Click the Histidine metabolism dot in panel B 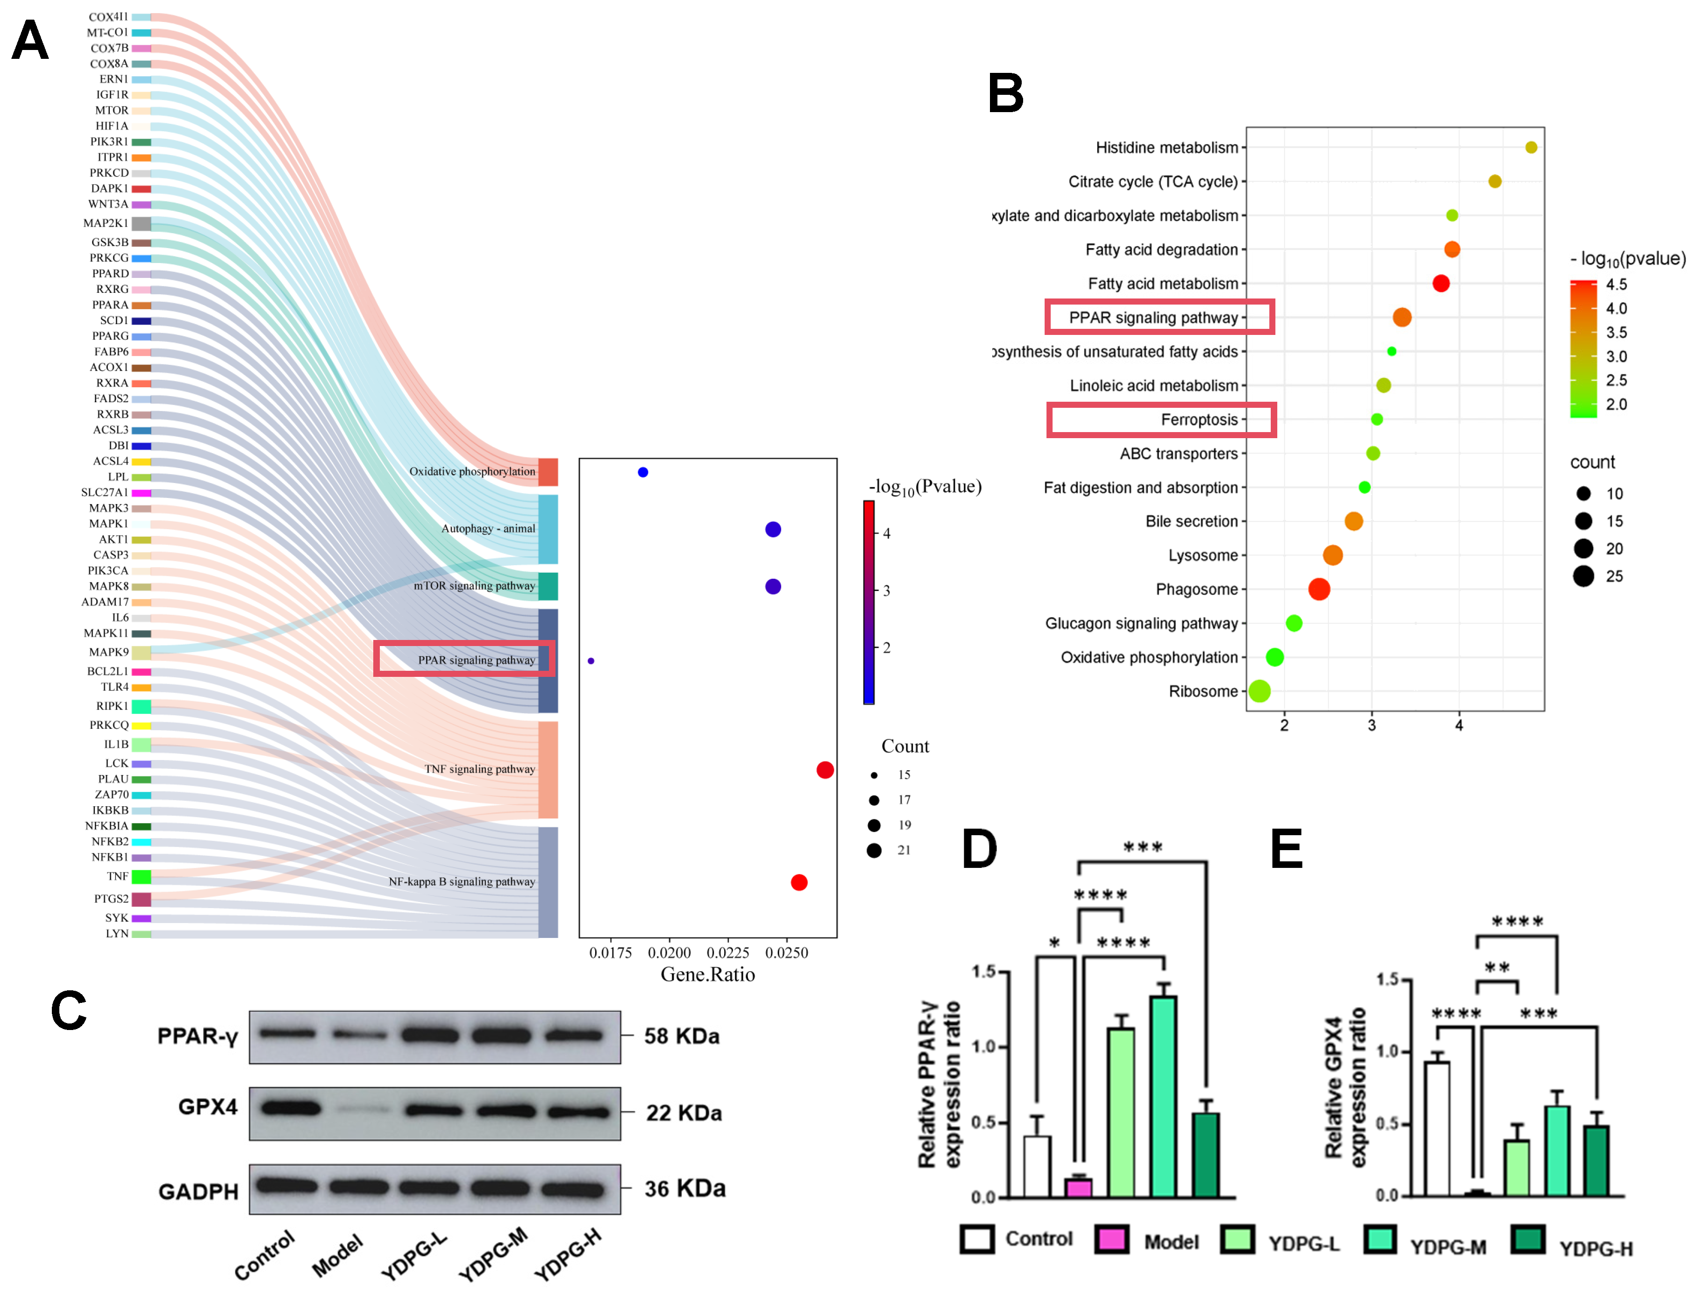(x=1530, y=147)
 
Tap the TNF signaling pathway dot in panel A (x=824, y=770)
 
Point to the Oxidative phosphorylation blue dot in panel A (x=643, y=472)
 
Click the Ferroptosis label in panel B (x=1199, y=419)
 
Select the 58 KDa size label (x=681, y=1036)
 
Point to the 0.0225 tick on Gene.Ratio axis (x=727, y=953)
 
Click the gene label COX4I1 (x=108, y=17)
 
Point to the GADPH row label (x=198, y=1192)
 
